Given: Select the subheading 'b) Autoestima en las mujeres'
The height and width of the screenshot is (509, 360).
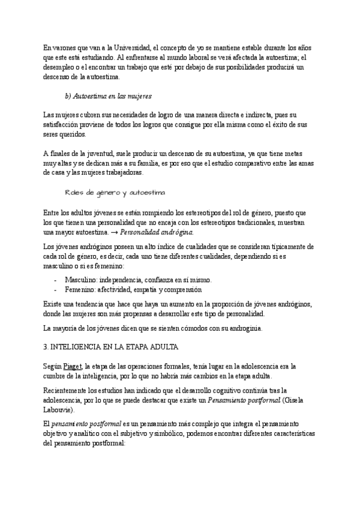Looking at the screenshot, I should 108,95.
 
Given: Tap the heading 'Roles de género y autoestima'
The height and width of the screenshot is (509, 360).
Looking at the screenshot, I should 115,193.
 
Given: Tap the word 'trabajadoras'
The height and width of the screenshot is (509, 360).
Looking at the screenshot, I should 122,173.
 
